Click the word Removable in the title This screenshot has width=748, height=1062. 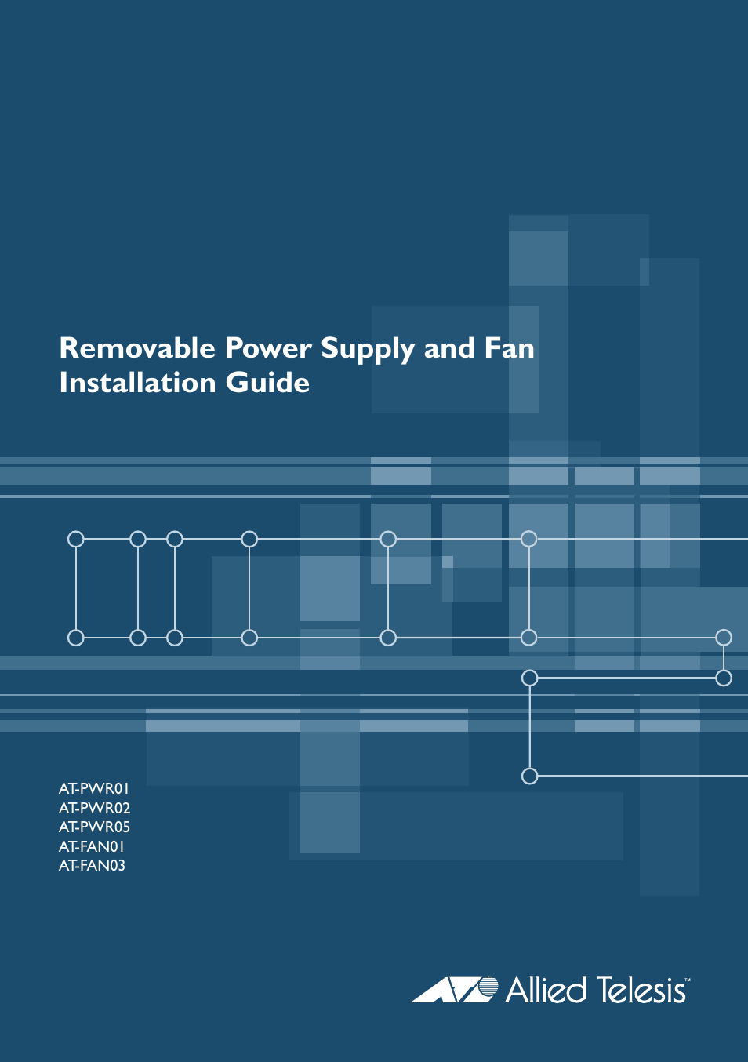coord(137,348)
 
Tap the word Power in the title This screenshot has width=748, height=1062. coord(268,348)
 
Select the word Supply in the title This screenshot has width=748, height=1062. coord(368,351)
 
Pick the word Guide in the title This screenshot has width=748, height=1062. coord(268,383)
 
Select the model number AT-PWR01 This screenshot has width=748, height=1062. coord(94,788)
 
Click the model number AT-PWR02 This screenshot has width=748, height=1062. coord(94,808)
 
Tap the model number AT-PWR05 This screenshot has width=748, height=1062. coord(94,827)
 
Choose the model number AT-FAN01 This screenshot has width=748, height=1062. coord(92,847)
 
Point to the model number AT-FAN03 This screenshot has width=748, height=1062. coord(92,866)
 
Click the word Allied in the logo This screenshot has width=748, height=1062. coord(546,990)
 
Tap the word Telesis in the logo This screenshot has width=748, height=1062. coord(641,990)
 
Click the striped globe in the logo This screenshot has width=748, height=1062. coord(488,987)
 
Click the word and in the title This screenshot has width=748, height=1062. coord(449,348)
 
